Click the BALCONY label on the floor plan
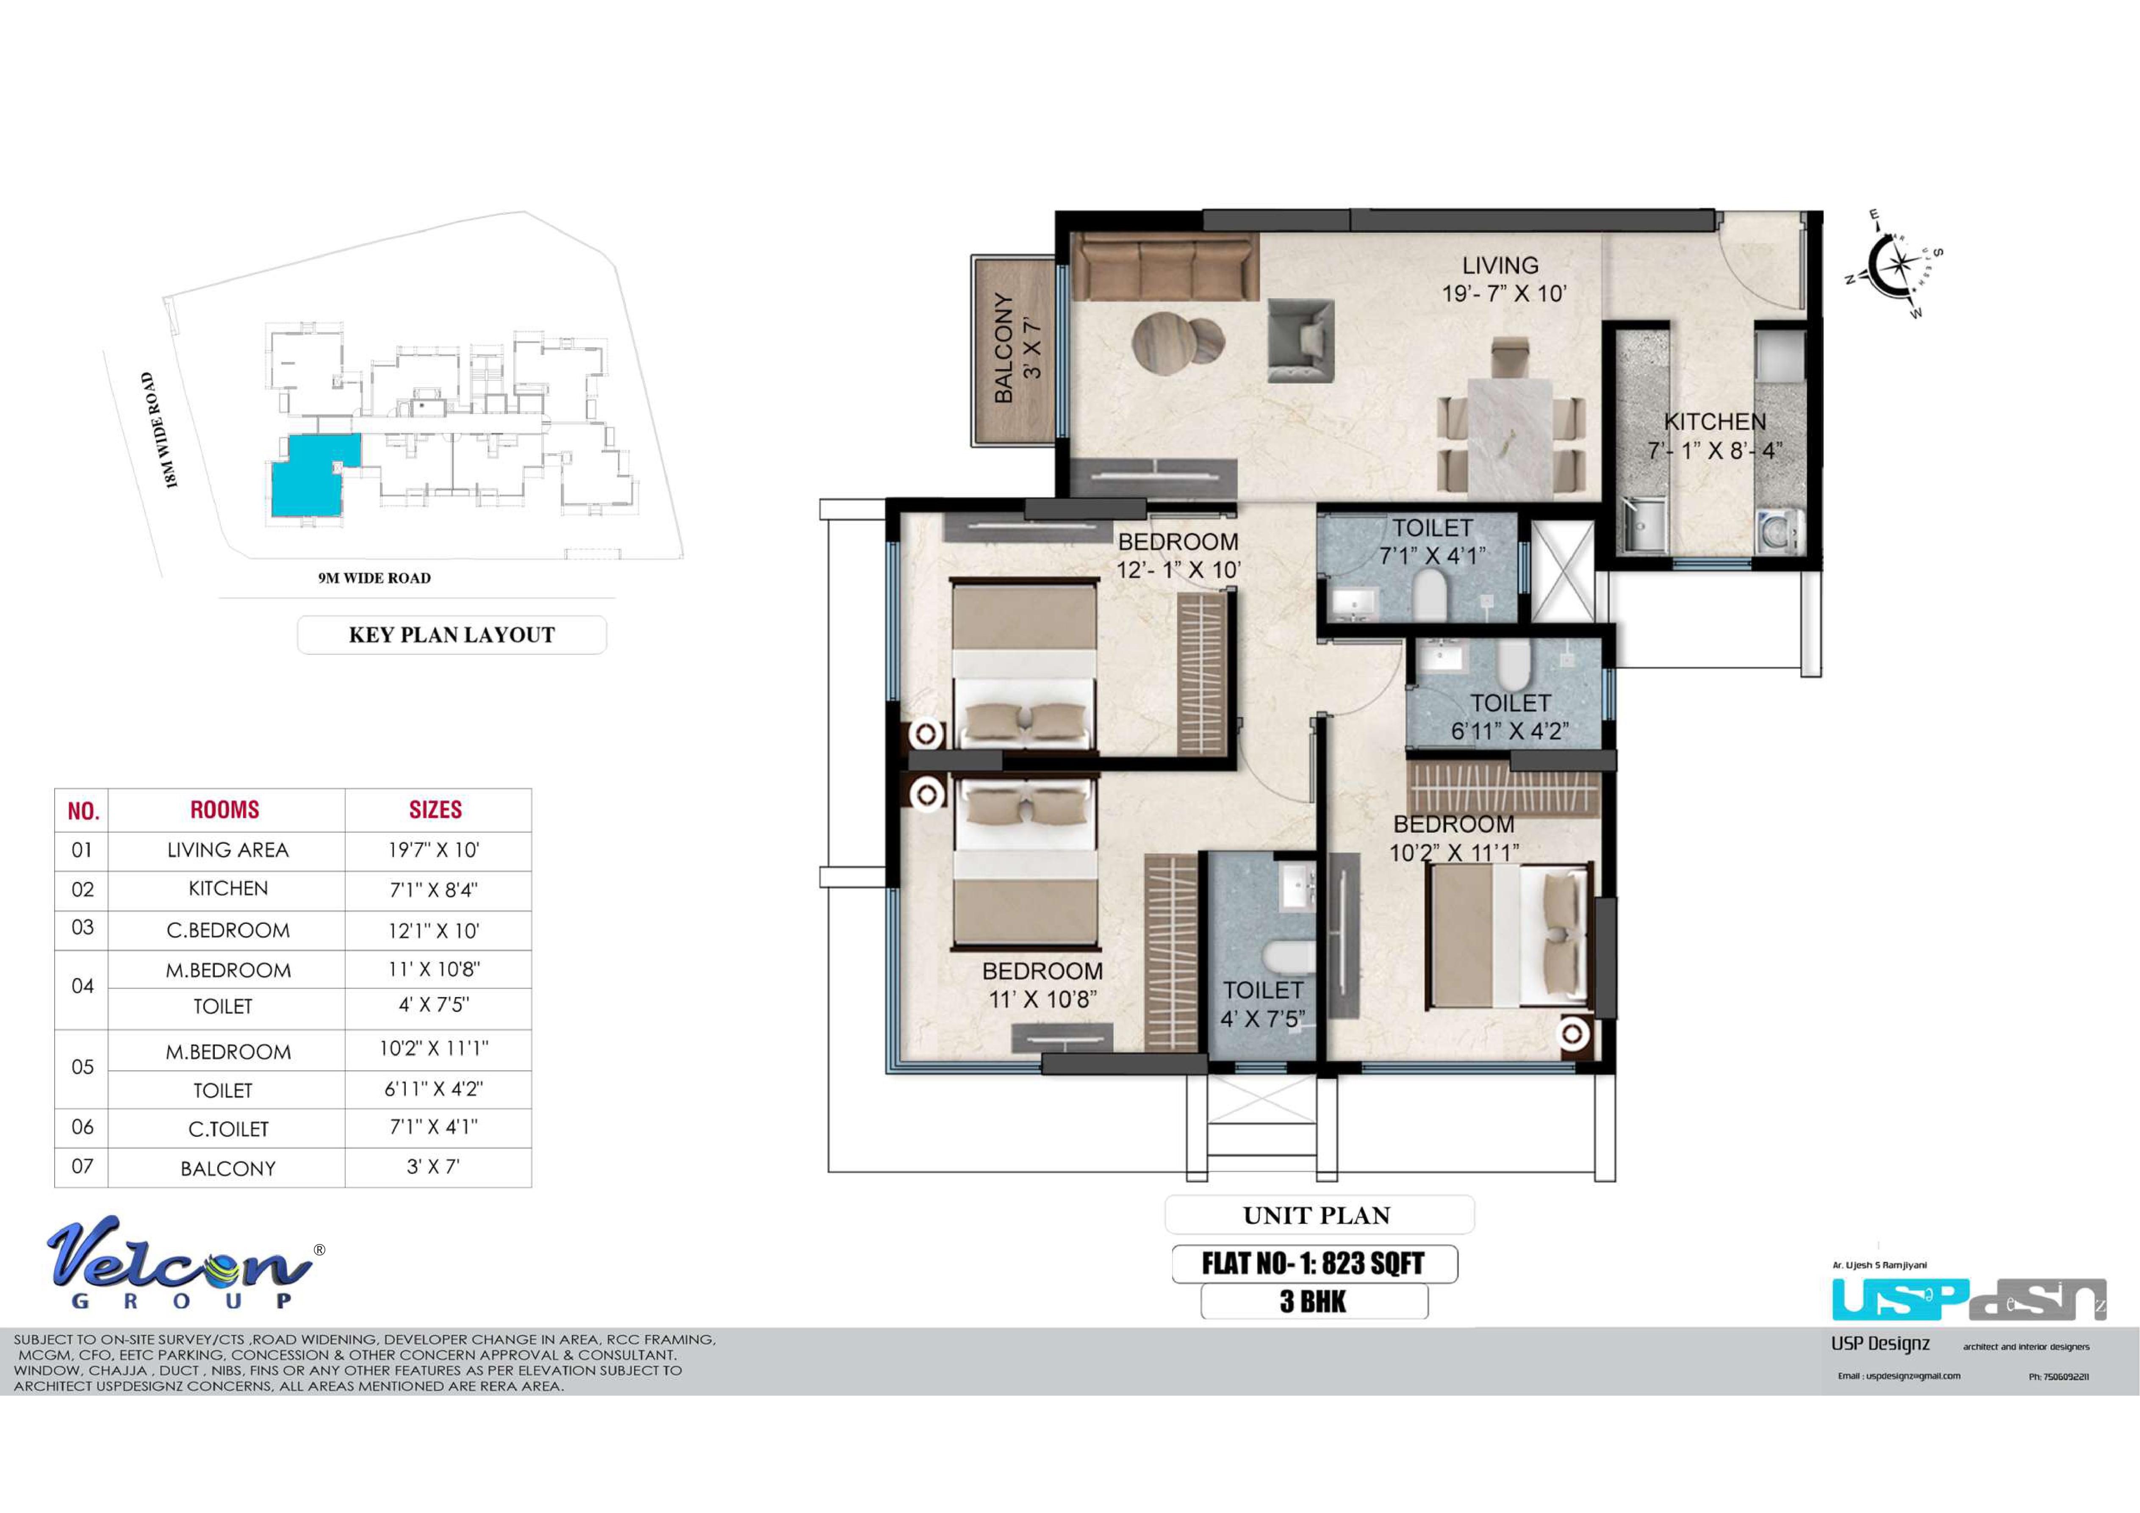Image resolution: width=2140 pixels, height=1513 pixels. pyautogui.click(x=1004, y=348)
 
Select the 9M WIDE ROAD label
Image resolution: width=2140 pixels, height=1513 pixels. pyautogui.click(x=375, y=578)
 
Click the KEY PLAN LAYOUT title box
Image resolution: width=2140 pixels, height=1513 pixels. pyautogui.click(x=452, y=635)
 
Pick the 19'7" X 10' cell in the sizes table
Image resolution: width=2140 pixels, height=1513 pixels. pyautogui.click(x=434, y=850)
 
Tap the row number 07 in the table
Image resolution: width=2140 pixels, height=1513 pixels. pyautogui.click(x=82, y=1166)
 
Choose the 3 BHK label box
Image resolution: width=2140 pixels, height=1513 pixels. pyautogui.click(x=1314, y=1301)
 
